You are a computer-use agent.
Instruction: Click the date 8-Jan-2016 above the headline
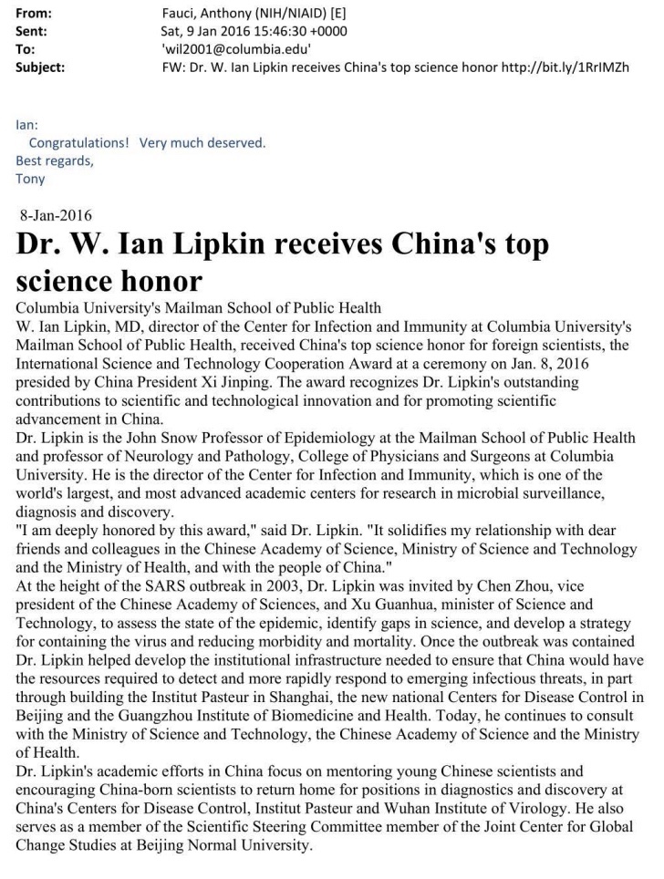pyautogui.click(x=55, y=216)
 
